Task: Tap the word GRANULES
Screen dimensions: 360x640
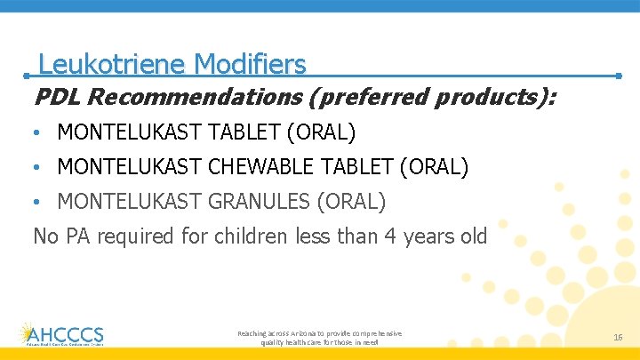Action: [259, 202]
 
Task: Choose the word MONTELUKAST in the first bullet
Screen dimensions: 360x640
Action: [129, 133]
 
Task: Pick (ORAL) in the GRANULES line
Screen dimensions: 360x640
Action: [351, 202]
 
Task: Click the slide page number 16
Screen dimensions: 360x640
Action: [618, 338]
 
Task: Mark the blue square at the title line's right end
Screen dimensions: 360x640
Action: [617, 76]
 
